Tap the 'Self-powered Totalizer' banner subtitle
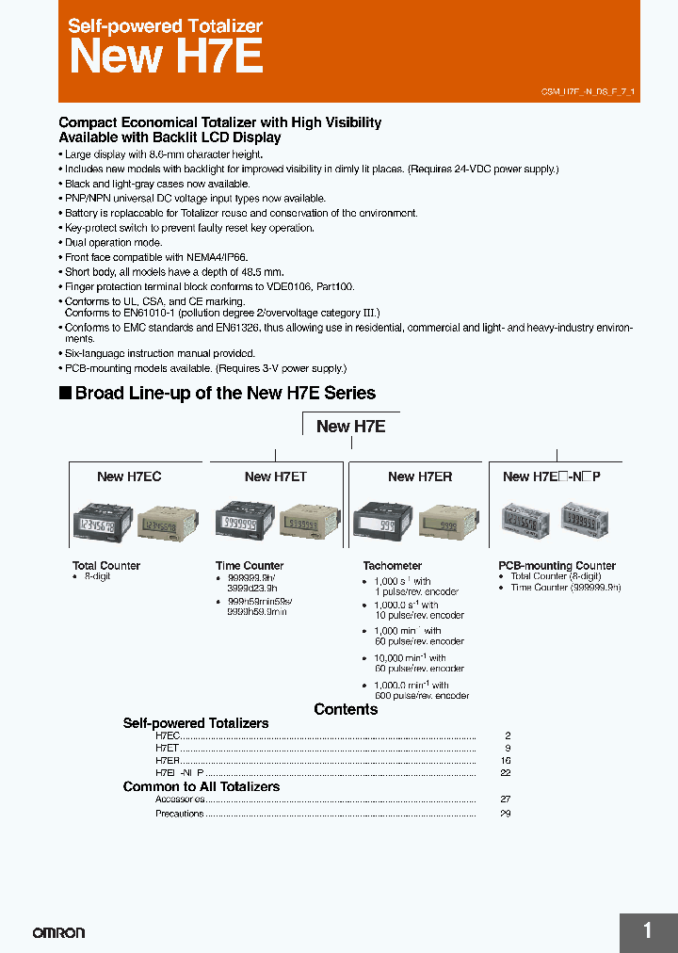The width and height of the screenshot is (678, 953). tap(165, 26)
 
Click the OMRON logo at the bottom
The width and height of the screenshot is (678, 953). tap(58, 932)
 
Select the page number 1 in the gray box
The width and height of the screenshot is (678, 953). tap(647, 930)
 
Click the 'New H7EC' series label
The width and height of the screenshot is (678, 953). tap(129, 476)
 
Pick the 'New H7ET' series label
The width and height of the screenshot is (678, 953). tap(275, 476)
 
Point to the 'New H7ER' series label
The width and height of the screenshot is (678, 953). tap(420, 476)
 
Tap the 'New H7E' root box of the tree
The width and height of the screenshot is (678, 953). tap(350, 426)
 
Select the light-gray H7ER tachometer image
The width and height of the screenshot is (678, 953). tap(449, 523)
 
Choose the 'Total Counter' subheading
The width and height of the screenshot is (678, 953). tap(106, 566)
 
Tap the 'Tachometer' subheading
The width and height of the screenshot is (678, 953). tap(393, 566)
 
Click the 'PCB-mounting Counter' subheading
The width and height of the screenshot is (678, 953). tap(557, 566)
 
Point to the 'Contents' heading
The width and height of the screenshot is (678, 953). tap(346, 709)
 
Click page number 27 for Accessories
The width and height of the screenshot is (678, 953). tap(505, 799)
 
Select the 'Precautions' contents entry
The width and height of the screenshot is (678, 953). tap(179, 814)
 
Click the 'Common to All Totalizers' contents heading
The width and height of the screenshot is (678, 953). tap(202, 786)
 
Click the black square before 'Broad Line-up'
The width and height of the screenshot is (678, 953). tap(65, 393)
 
